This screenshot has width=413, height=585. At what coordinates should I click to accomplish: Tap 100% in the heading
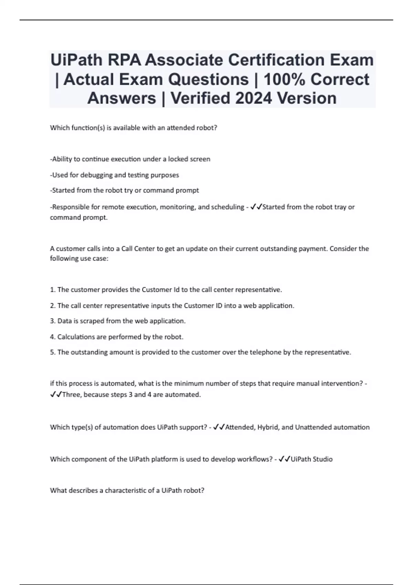click(x=284, y=79)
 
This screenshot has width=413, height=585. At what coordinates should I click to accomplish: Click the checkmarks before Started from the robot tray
click(x=256, y=207)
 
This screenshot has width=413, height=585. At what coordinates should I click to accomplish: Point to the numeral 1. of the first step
click(x=53, y=289)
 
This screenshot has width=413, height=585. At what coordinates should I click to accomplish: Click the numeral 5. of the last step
click(x=53, y=352)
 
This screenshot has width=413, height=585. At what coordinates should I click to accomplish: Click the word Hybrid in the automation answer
click(x=268, y=427)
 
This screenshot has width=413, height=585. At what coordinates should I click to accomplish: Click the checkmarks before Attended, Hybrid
click(x=219, y=427)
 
